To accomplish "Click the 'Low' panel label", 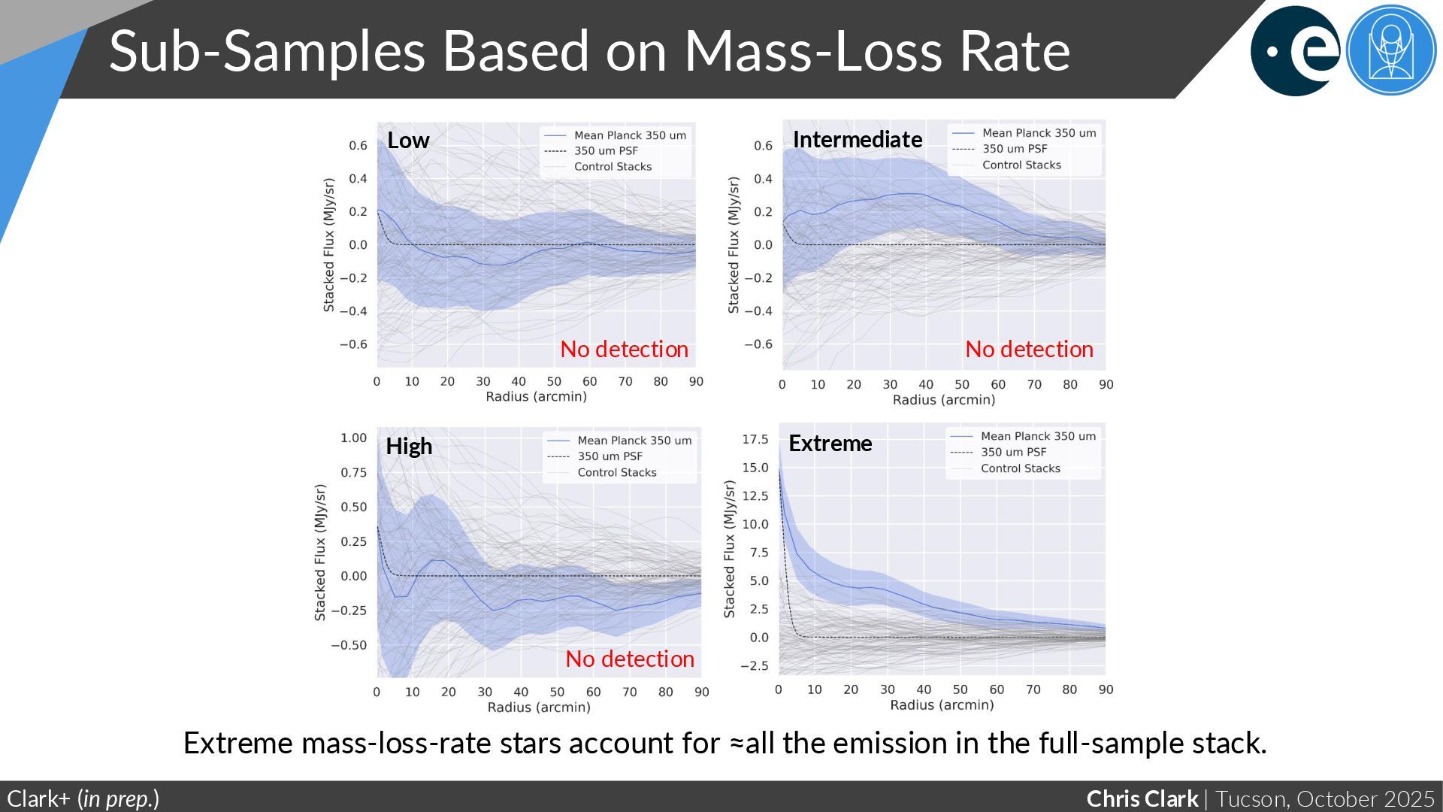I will (408, 141).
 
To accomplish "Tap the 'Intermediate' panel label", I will (858, 140).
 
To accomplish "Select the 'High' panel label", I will (409, 447).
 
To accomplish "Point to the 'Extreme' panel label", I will (830, 444).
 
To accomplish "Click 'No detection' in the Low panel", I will (624, 350).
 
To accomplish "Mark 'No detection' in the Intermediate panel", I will (1029, 350).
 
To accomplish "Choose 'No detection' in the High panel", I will (630, 659).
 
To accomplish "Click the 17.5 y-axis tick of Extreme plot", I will (755, 440).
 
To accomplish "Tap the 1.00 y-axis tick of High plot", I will (353, 438).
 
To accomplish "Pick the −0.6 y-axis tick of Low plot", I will (353, 344).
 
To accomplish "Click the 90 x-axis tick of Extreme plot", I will (1106, 689).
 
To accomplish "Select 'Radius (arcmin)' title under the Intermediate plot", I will (943, 400).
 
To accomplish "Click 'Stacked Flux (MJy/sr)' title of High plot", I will (320, 553).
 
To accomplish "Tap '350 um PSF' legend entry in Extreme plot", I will (1013, 453).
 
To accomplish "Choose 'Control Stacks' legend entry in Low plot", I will (613, 167).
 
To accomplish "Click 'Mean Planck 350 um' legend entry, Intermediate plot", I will (1039, 133).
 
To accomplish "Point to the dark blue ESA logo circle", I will (1294, 51).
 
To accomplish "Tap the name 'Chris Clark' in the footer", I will (1142, 798).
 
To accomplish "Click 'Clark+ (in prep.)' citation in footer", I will (83, 798).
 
